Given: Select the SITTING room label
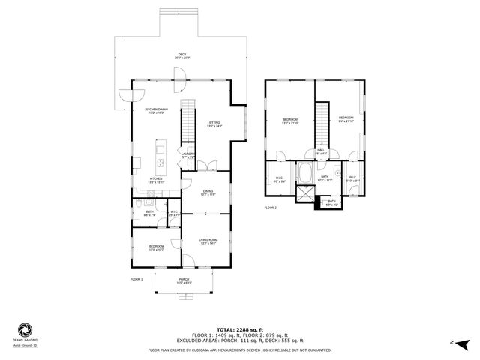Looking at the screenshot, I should coord(215,124).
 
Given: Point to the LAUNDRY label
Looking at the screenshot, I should coord(188,155).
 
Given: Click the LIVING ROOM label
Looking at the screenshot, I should coord(208,241).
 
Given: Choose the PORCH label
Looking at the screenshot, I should coord(184,280).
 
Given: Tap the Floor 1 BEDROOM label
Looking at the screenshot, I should coord(156,247).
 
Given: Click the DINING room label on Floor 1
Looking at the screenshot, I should coord(208,193).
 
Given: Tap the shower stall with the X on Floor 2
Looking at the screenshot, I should coord(305,194).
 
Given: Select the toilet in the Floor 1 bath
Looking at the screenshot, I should coord(141,203).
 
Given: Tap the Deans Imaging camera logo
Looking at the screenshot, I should coord(24,329).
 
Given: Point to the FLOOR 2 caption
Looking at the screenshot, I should coord(271,208).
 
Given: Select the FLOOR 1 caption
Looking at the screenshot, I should coord(136,278).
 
